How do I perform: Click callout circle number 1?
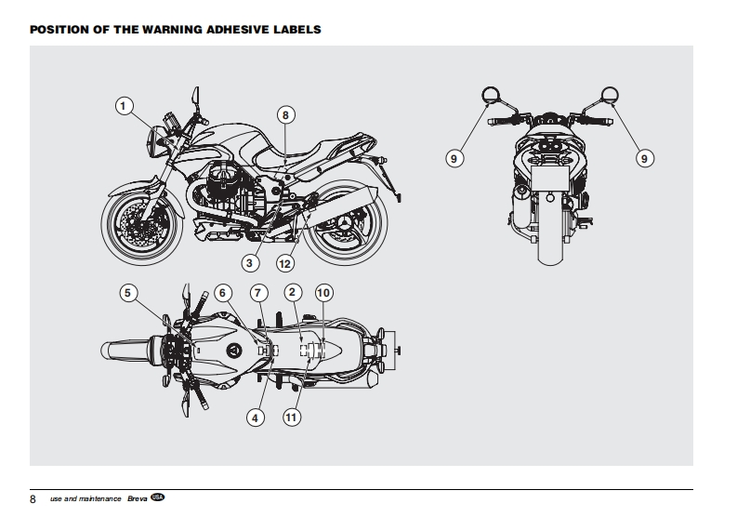coord(124,106)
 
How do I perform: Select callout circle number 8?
coord(285,114)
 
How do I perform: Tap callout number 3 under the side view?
coord(252,263)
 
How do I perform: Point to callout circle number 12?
coord(285,263)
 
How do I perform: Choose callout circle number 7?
coord(259,293)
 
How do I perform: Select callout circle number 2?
coord(292,293)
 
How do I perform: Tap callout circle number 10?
coord(323,293)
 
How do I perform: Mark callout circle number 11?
coord(291,418)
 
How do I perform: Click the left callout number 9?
coord(454,159)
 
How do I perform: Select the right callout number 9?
coord(643,159)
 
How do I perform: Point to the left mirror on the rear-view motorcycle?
coord(490,94)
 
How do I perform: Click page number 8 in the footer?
coord(33,499)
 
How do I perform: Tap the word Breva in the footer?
coord(137,499)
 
